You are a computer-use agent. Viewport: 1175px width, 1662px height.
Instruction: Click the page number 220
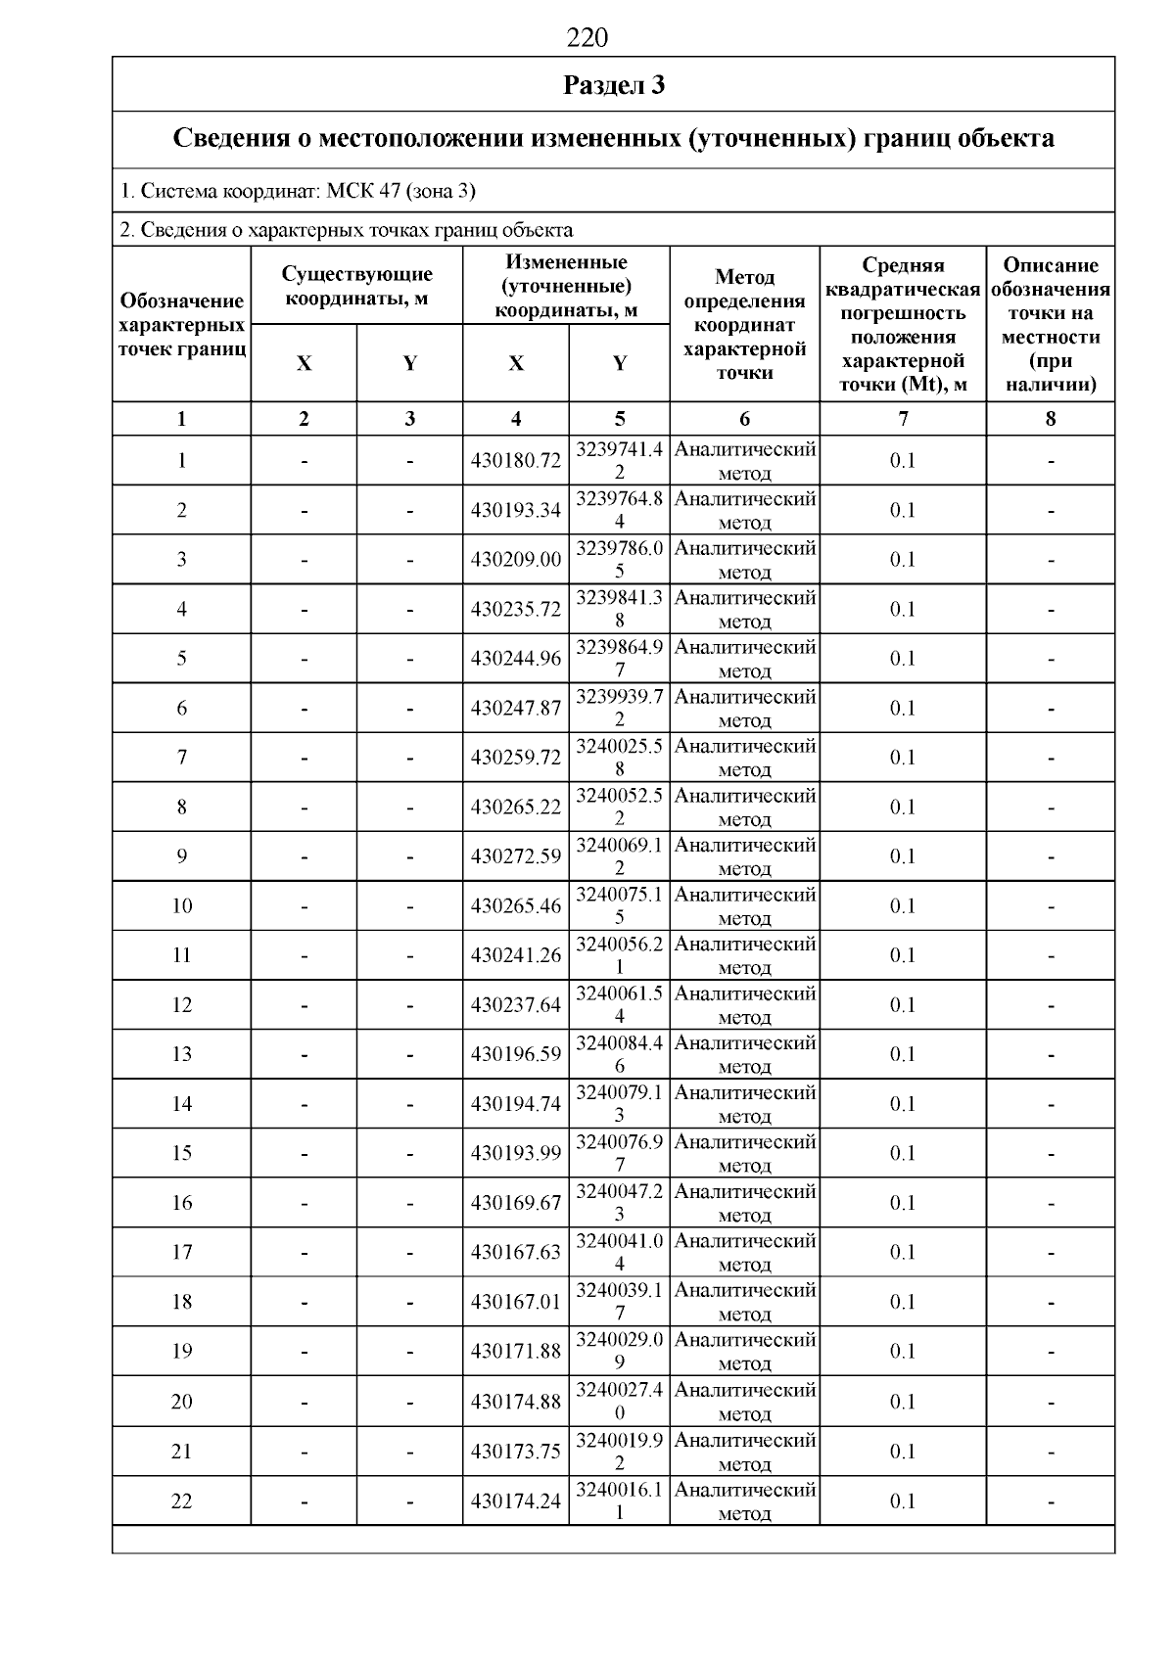point(587,38)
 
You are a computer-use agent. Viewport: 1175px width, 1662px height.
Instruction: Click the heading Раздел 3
point(614,85)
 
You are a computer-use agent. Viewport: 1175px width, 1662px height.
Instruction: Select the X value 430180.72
point(516,461)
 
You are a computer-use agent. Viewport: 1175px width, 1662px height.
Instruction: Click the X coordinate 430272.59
point(516,856)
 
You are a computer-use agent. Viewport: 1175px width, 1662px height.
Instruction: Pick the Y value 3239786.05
point(619,560)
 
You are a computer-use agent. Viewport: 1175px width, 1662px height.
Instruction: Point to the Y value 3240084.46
point(619,1054)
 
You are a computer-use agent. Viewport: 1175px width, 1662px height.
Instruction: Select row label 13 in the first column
point(182,1054)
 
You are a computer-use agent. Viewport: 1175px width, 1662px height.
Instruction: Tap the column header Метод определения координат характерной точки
point(744,325)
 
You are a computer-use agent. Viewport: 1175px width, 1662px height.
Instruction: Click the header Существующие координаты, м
point(356,287)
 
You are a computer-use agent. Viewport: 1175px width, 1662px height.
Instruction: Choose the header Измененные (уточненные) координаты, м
point(566,287)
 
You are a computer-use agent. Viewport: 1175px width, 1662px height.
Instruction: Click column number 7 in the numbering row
point(903,419)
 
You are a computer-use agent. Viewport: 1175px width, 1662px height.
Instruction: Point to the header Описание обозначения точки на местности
point(1051,325)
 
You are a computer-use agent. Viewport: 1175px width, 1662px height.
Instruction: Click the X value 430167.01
point(516,1302)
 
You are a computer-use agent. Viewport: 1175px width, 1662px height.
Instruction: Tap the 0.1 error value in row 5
point(903,659)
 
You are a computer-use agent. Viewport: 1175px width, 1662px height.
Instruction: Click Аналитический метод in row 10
point(744,906)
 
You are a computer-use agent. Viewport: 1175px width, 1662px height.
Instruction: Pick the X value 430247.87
point(516,709)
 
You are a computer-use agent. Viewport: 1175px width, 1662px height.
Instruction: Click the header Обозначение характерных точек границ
point(182,325)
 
